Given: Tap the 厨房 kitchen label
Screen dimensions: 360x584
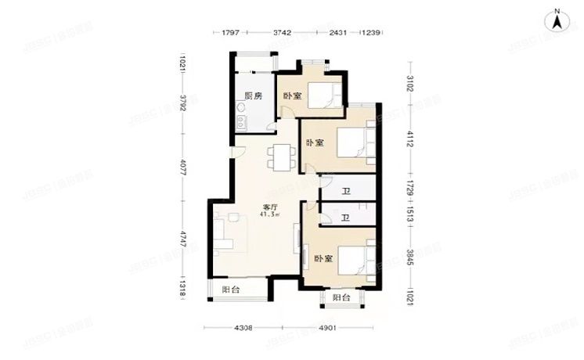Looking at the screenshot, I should coord(252,95).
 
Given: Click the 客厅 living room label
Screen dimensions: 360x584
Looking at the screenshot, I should coord(271,207).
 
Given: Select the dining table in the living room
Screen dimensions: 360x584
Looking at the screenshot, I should coord(279,158).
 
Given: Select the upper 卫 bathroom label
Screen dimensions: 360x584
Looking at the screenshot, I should coord(345,191).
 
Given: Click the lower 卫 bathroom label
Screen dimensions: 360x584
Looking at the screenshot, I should coord(345,218).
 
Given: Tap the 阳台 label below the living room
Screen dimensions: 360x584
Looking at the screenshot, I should coord(230,290).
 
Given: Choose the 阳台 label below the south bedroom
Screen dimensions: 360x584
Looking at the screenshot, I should coord(341,298).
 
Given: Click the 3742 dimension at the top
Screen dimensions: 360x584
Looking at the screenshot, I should coord(283,32).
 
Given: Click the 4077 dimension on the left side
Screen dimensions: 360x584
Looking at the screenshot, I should coord(182,167).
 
